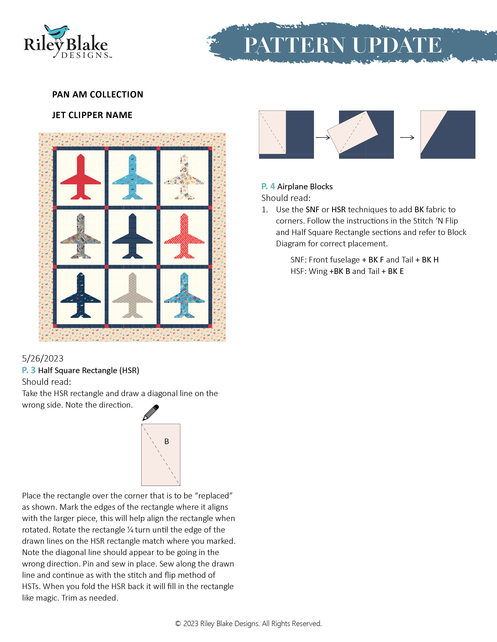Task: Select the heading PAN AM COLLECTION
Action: [x=97, y=94]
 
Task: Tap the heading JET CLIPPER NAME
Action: [x=92, y=115]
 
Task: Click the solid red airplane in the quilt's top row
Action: [x=81, y=178]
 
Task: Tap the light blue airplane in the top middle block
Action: [x=133, y=178]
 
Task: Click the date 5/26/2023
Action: [x=43, y=358]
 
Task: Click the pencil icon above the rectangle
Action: [x=150, y=412]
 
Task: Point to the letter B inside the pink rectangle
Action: [x=167, y=442]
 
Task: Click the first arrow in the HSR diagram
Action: [x=323, y=137]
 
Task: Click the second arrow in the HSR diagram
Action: [x=407, y=137]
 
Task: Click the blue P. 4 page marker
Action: [x=268, y=186]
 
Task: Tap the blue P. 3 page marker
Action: [x=29, y=370]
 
